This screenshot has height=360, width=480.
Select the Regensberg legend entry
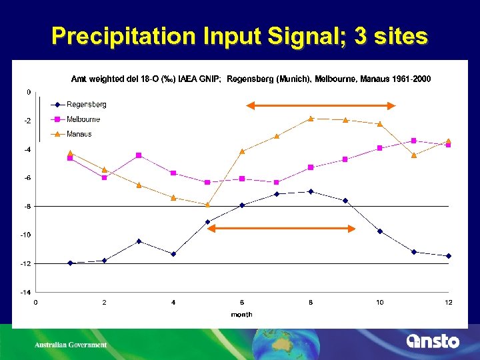(x=86, y=105)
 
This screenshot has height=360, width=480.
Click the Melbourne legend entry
(x=83, y=119)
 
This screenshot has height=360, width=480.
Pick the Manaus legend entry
(x=79, y=134)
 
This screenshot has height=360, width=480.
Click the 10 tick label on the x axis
(x=380, y=303)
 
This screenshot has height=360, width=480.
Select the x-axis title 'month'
(x=241, y=314)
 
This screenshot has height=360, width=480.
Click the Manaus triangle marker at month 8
(x=311, y=119)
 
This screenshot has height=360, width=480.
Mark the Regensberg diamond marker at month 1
(x=70, y=263)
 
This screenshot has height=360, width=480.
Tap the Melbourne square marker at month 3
(x=139, y=155)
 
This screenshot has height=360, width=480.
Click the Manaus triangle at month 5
(x=207, y=205)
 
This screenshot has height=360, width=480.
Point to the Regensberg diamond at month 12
(x=449, y=256)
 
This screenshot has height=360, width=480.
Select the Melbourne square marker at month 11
(x=414, y=141)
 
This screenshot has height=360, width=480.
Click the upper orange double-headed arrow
(x=321, y=105)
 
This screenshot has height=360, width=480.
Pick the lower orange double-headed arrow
(x=281, y=229)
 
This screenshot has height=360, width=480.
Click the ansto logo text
(x=433, y=341)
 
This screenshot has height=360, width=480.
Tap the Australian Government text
(x=71, y=345)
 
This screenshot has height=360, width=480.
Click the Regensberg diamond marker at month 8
(x=311, y=191)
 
